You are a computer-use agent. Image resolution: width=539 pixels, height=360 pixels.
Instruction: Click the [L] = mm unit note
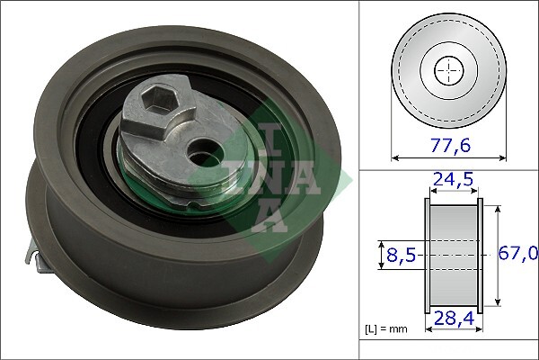(x=386, y=329)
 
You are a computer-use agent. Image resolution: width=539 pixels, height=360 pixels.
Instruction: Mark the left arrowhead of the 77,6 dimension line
(x=395, y=158)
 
